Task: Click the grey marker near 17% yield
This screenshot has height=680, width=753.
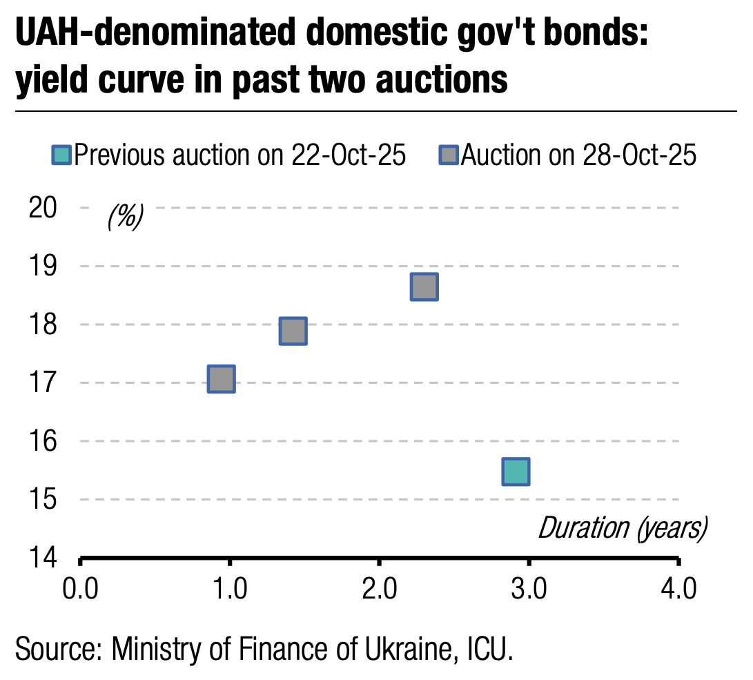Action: pos(222,379)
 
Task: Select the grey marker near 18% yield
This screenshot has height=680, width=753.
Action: pos(293,331)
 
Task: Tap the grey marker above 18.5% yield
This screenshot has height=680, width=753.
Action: pos(424,286)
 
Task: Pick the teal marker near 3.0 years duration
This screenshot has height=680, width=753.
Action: pos(516,472)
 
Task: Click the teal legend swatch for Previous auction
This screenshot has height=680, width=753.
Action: pos(61,155)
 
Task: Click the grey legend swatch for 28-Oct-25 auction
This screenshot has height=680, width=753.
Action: pos(448,155)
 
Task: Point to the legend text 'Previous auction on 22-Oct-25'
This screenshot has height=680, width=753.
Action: pos(239,155)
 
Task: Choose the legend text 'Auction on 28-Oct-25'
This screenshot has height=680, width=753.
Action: pos(578,155)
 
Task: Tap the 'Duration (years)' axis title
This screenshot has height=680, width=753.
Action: pos(623,528)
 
